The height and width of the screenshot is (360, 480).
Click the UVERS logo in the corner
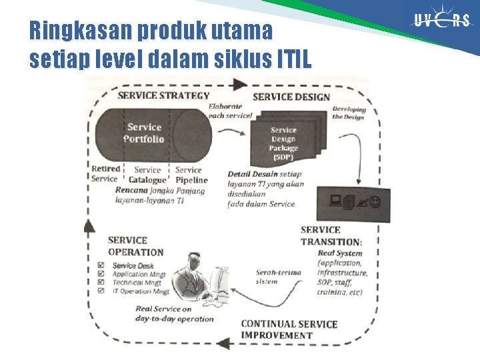(442, 21)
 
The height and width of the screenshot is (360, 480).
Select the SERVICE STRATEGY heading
(163, 95)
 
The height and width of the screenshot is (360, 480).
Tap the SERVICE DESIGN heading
(291, 97)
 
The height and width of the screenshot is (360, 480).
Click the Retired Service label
(105, 174)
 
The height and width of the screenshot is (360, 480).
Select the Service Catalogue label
(147, 175)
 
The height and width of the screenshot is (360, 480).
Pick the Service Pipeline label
(191, 175)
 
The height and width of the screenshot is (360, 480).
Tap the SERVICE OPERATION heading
(135, 246)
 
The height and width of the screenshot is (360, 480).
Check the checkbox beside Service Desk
(101, 265)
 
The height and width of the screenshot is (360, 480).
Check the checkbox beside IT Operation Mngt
(101, 291)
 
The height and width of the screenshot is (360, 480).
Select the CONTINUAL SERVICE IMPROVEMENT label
(289, 329)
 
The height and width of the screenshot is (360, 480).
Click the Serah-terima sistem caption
(275, 277)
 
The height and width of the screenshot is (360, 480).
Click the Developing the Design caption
(349, 113)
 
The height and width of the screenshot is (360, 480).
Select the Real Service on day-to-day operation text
(174, 313)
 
